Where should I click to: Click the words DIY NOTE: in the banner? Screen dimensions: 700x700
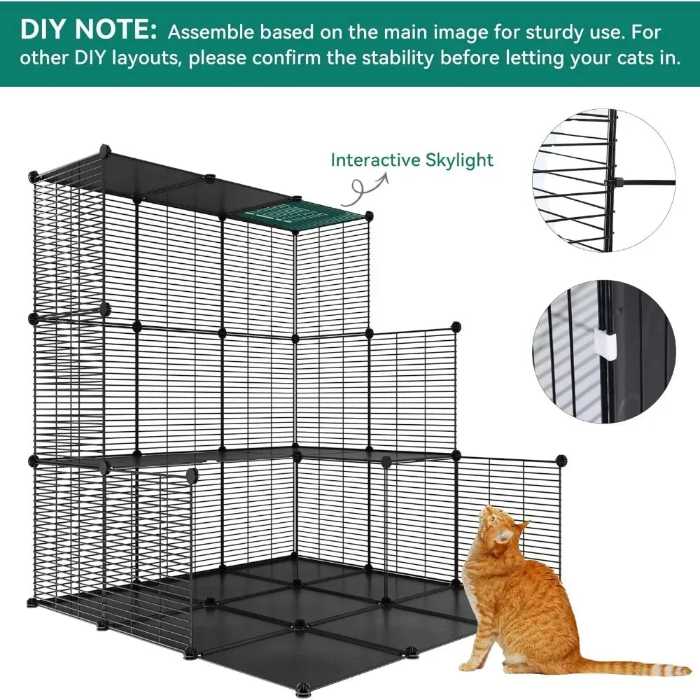[88, 29]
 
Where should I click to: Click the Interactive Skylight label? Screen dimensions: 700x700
[412, 160]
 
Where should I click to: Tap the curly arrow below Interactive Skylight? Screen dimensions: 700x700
[368, 188]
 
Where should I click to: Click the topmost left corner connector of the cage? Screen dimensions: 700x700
[104, 150]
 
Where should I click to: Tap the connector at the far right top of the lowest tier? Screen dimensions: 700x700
[561, 459]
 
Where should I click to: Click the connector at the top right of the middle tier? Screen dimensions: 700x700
[456, 327]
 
